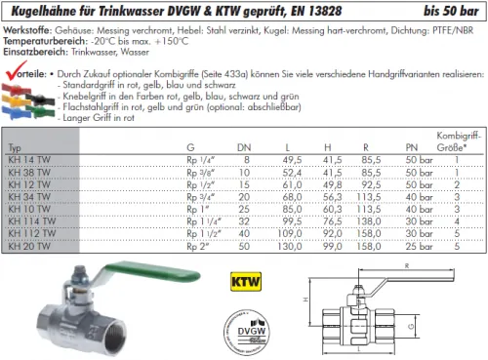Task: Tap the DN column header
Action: pos(245,146)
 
